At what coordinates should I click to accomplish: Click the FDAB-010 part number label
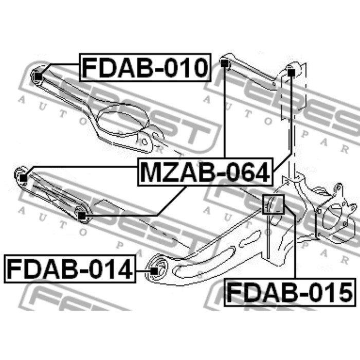point(145,67)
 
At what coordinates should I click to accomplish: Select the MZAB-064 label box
point(205,172)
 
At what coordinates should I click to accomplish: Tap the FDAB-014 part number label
point(70,268)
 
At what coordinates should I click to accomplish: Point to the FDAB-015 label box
point(290,292)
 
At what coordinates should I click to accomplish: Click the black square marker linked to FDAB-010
point(39,77)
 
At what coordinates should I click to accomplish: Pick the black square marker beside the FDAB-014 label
point(154,271)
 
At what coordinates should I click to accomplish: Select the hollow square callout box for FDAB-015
point(273,204)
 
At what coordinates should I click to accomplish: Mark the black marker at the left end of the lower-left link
point(23,178)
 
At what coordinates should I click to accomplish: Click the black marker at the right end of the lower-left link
point(81,216)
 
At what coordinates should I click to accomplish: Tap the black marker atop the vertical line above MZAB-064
point(224,63)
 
